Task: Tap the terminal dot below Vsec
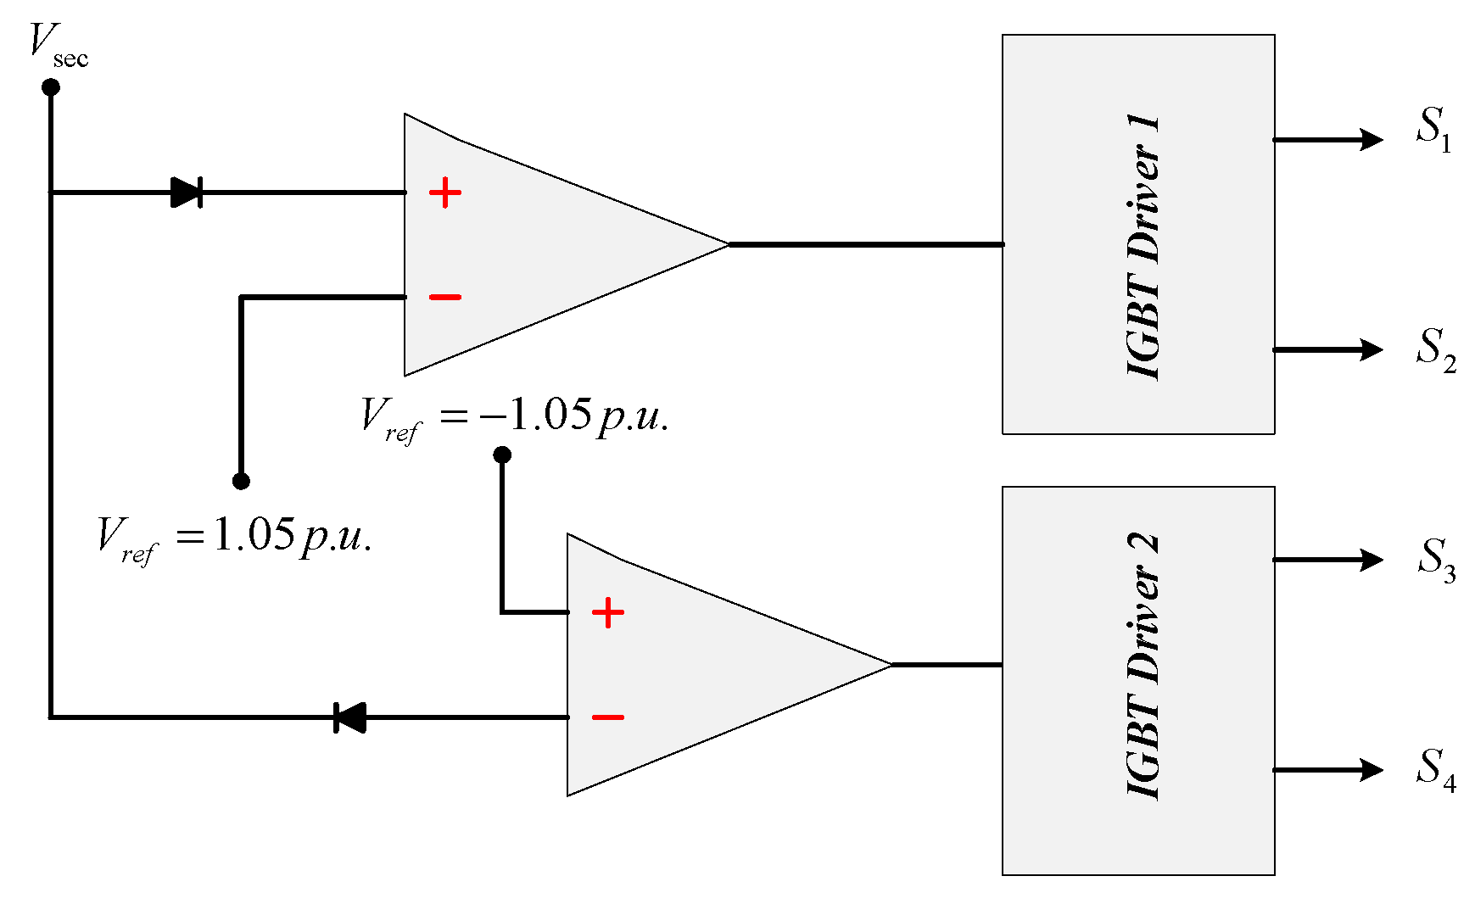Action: click(x=51, y=86)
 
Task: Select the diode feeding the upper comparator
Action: click(x=187, y=193)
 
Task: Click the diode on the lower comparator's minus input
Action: click(x=349, y=717)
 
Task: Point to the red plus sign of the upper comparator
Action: click(x=444, y=193)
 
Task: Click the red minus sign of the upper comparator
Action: click(x=444, y=297)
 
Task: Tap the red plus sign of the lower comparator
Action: click(x=607, y=612)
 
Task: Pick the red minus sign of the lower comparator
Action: click(x=607, y=717)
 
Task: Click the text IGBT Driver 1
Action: click(x=1143, y=246)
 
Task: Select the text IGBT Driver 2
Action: click(x=1143, y=666)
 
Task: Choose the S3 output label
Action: click(x=1435, y=560)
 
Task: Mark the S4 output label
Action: click(x=1435, y=770)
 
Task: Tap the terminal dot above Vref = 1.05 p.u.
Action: click(x=241, y=481)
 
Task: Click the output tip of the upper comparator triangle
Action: click(x=727, y=244)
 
